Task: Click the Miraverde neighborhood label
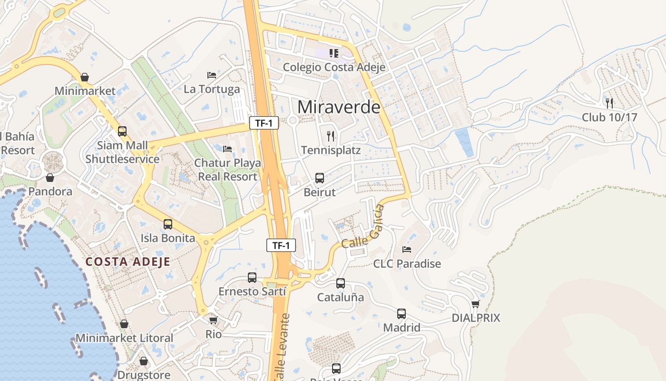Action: (x=339, y=107)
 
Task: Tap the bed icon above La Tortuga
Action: (x=212, y=75)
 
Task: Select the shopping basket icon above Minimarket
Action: (x=85, y=77)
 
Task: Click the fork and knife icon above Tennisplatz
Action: (x=331, y=136)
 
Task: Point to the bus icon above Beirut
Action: (x=320, y=178)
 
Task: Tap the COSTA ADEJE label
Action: (x=127, y=261)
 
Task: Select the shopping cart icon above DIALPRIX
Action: (x=475, y=304)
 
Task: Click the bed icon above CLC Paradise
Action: (x=407, y=249)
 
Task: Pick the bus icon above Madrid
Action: (x=402, y=314)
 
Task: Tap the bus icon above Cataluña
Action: (x=341, y=283)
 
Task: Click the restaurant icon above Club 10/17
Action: (x=609, y=103)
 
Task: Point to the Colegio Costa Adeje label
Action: (x=334, y=67)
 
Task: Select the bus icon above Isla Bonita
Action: (x=168, y=224)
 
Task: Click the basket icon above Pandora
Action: (x=50, y=178)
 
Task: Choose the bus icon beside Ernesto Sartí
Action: (x=252, y=277)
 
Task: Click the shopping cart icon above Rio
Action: (x=214, y=320)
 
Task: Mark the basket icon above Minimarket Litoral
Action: (x=124, y=324)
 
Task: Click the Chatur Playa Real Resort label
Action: (x=227, y=170)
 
